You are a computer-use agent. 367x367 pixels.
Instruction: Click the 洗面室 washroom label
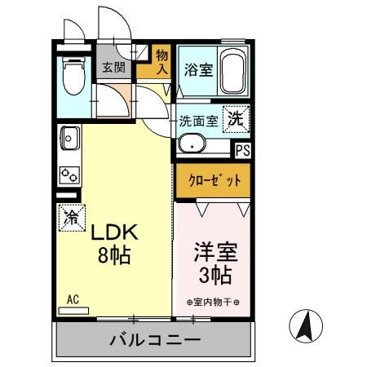[x=198, y=121]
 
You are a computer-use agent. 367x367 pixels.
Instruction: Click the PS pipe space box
[x=242, y=150]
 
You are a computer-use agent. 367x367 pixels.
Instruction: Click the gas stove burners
[x=69, y=174]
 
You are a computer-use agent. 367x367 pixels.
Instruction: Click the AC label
[x=73, y=299]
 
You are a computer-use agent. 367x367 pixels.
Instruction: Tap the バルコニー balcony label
[x=155, y=340]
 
